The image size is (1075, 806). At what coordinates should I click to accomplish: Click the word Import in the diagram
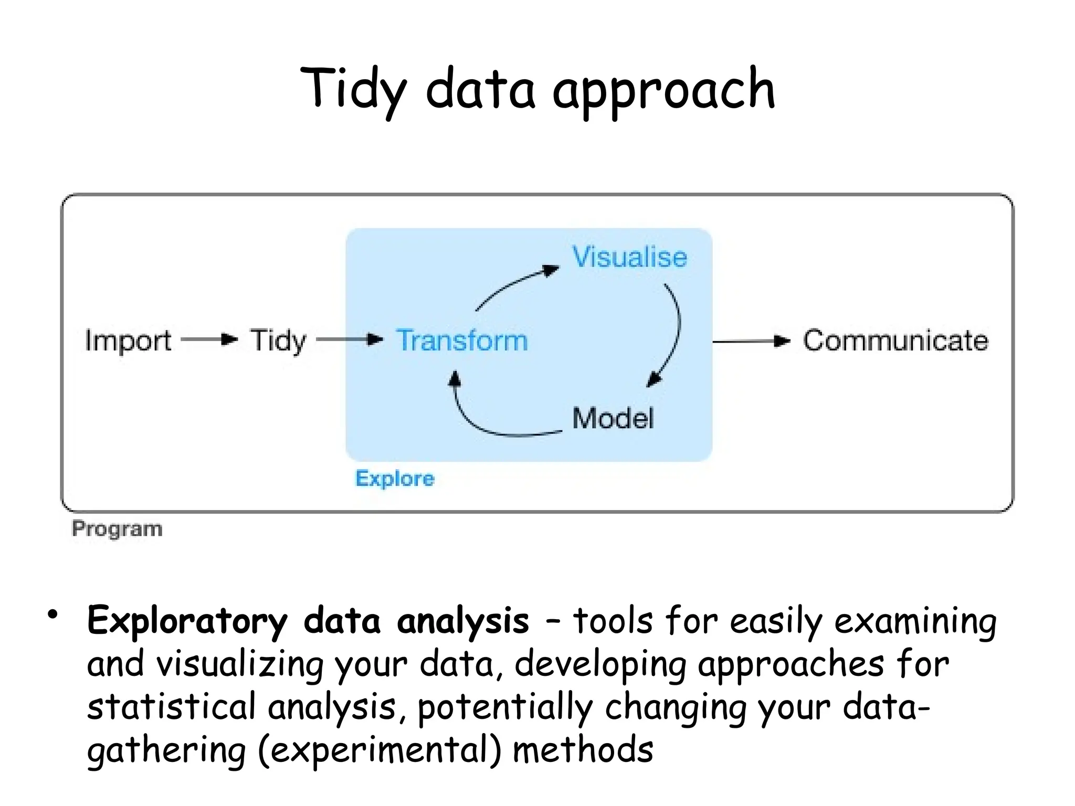coord(128,341)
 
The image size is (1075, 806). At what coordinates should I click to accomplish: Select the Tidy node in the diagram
coord(278,341)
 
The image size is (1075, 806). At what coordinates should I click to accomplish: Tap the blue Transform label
coord(462,341)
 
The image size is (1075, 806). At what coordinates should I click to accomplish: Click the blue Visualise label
coord(629,257)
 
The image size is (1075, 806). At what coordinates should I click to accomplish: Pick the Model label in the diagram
coord(613,418)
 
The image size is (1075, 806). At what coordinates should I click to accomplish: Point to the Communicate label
coord(895,341)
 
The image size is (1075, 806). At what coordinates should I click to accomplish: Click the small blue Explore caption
coord(395,479)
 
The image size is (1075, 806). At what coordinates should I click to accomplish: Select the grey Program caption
coord(117,528)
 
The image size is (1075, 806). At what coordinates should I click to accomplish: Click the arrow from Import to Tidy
coord(209,340)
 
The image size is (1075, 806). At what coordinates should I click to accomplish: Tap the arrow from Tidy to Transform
coord(349,340)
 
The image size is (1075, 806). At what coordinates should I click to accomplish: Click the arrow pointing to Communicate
coord(751,342)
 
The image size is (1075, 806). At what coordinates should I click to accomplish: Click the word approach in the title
coord(663,90)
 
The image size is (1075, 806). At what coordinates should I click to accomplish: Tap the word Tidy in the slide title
coord(354,90)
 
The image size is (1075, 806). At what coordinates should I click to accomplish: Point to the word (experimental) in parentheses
coord(380,750)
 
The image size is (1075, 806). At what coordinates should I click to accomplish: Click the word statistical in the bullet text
coord(171,707)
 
